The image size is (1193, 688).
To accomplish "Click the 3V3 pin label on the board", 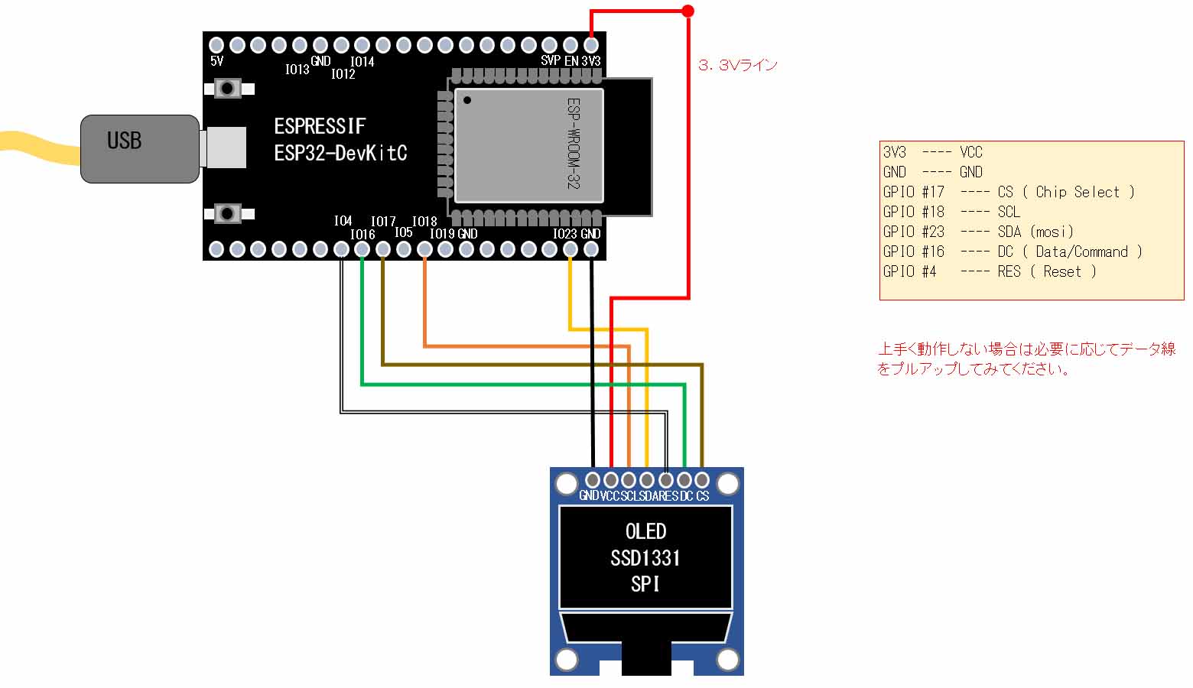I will [x=591, y=61].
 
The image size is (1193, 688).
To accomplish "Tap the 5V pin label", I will [x=217, y=61].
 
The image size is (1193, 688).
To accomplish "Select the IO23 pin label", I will [x=564, y=234].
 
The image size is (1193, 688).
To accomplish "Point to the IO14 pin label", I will [x=362, y=62].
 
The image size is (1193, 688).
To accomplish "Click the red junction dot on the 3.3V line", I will [x=688, y=11].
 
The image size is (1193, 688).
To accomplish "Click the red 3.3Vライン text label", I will [x=737, y=66].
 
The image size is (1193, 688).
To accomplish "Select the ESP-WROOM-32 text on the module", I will [x=574, y=143].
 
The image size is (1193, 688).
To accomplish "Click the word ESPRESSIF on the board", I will [x=320, y=126].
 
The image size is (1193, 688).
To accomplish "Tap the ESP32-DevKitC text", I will [x=340, y=153].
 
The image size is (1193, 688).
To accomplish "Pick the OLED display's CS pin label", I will [x=703, y=496].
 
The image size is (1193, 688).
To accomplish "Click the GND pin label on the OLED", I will [x=589, y=496].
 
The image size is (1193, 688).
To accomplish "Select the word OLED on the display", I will [x=645, y=531].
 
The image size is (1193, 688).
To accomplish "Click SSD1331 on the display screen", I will [x=645, y=558].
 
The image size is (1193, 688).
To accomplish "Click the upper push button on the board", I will [x=227, y=89].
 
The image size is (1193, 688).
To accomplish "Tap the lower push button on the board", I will [x=227, y=213].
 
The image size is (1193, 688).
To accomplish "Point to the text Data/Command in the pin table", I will [x=1081, y=252].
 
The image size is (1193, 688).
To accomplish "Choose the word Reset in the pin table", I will [x=1062, y=271].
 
